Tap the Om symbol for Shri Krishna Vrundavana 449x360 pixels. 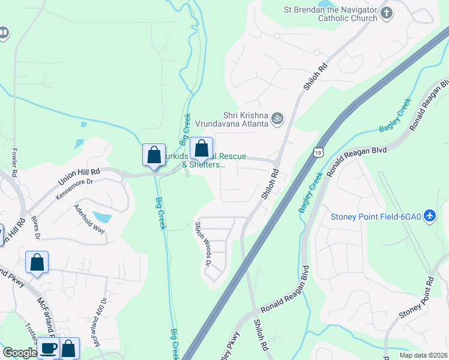point(277,119)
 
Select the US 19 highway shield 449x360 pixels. point(316,153)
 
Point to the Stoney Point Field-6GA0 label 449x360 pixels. point(375,215)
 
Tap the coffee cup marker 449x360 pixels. point(48,348)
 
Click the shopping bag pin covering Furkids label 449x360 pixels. point(202,148)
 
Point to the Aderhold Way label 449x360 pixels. point(89,220)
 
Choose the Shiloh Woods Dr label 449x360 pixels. point(203,243)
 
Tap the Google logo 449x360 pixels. point(19,353)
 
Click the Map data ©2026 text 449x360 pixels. point(425,355)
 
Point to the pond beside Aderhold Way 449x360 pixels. point(103,217)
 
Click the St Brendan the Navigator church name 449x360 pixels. point(331,14)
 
